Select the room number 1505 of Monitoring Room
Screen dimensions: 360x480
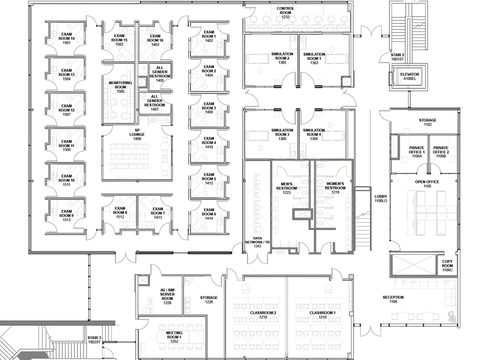click(120, 91)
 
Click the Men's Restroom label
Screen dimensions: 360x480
click(286, 186)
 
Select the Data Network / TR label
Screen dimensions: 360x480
click(257, 242)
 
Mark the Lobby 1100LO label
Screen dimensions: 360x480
click(381, 198)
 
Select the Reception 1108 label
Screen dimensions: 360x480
click(393, 299)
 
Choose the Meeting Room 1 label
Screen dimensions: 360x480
click(170, 335)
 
